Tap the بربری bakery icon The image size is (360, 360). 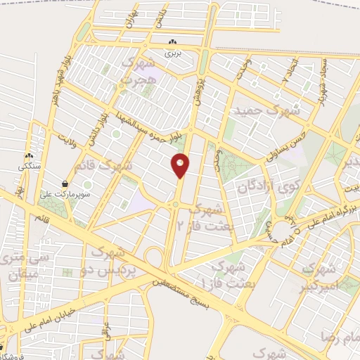(x=173, y=42)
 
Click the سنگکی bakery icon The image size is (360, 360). (x=29, y=156)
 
